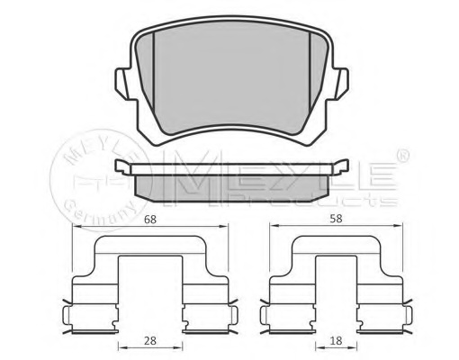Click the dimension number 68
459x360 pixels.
coord(150,220)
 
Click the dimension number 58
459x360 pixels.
coord(336,219)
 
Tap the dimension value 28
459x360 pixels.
coord(150,341)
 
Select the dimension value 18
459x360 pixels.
coord(336,341)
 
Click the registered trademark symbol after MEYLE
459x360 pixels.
coord(403,155)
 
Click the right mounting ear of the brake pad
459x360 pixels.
coord(340,84)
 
